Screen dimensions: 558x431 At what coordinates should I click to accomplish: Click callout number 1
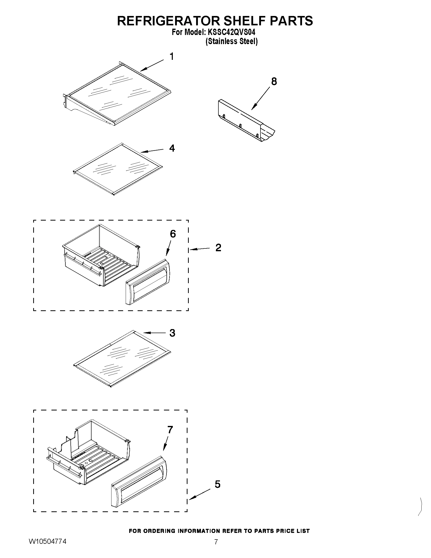(x=172, y=57)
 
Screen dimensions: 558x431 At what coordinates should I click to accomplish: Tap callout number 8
(x=274, y=81)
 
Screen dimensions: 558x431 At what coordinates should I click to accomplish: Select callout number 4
(x=172, y=148)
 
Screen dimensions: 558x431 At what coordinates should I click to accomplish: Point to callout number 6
(x=173, y=234)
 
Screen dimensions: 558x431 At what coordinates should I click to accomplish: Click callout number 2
(x=218, y=248)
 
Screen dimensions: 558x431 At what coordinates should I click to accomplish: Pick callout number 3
(x=172, y=333)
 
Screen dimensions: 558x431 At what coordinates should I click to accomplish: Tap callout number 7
(x=170, y=430)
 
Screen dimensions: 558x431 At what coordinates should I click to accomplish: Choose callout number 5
(x=217, y=484)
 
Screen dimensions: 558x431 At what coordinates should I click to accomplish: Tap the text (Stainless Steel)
(x=232, y=41)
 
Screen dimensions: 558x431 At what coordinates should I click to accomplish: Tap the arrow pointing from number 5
(x=200, y=494)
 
